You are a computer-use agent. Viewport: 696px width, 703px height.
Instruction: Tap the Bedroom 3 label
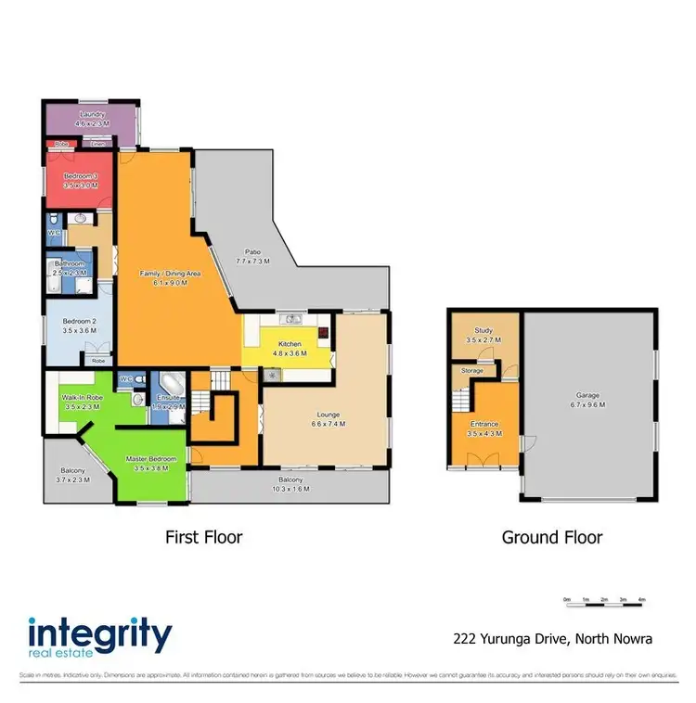coord(81,175)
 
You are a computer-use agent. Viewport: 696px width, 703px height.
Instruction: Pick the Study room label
coord(483,335)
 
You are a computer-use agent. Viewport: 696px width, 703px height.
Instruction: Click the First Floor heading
coord(203,537)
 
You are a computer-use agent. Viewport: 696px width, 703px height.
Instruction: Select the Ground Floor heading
coord(552,537)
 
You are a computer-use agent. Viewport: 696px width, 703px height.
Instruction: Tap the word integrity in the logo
coord(100,636)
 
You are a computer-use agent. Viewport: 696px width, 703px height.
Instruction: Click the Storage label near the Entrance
coord(472,371)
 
